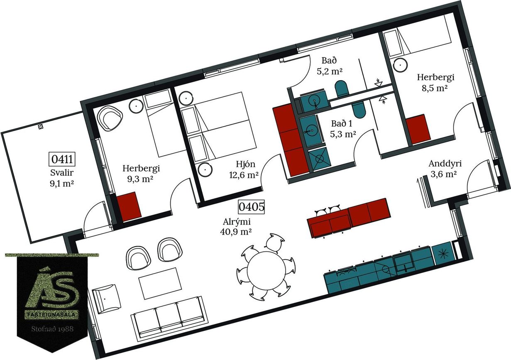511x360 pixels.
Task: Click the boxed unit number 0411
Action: click(62, 159)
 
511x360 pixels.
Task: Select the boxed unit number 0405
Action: click(252, 207)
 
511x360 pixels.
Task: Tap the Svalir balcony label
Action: click(62, 172)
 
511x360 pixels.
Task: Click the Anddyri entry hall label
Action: click(445, 164)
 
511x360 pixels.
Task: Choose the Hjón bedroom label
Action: click(245, 164)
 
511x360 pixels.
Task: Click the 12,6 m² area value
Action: click(244, 175)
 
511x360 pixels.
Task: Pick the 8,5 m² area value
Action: click(434, 88)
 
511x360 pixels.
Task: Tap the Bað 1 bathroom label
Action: click(342, 123)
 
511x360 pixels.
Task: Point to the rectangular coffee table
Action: click(160, 283)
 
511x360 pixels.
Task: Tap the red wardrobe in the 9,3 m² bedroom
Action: click(129, 207)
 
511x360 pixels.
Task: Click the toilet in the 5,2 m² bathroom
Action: click(342, 87)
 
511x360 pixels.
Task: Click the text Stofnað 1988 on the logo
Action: click(52, 329)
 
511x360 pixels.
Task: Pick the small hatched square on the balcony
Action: click(41, 127)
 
